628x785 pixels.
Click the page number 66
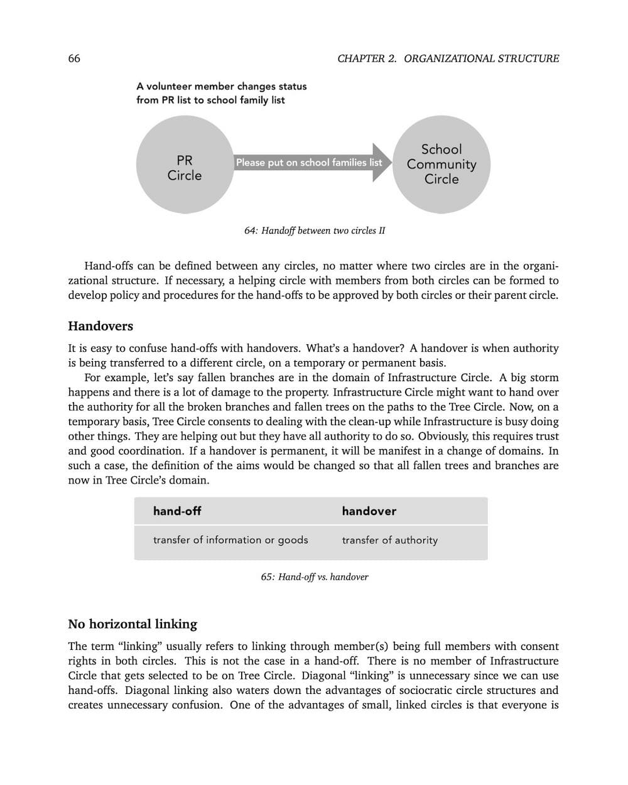coord(74,58)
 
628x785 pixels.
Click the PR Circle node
coord(185,165)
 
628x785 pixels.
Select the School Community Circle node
coord(441,165)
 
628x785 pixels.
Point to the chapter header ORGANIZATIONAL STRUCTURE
coord(481,58)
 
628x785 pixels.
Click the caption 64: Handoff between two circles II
coord(315,230)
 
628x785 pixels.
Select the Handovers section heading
coord(100,326)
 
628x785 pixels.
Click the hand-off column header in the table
coord(177,511)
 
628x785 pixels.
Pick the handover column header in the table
coord(369,511)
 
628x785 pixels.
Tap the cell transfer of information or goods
coord(230,540)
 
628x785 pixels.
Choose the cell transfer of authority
coord(390,540)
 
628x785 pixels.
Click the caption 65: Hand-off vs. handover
coord(315,577)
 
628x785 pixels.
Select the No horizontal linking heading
coord(133,624)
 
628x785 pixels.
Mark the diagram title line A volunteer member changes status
coord(222,86)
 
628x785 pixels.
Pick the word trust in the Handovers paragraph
coord(547,436)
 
